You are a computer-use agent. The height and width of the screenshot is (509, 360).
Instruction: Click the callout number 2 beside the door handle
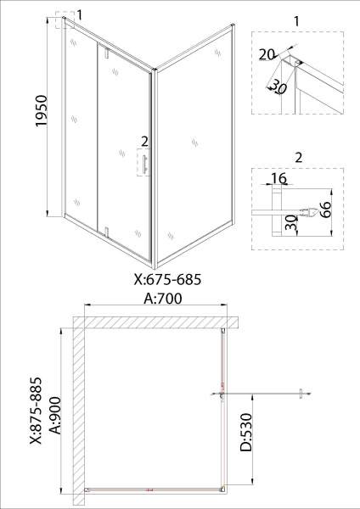[145, 140]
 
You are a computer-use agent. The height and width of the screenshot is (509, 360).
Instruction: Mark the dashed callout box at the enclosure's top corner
[65, 21]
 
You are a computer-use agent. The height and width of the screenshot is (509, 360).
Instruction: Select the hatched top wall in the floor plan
[153, 322]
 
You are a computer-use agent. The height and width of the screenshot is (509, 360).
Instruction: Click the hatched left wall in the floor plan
[78, 407]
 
